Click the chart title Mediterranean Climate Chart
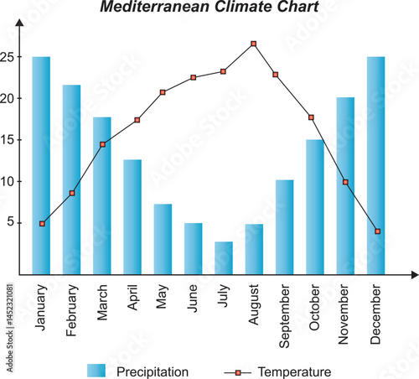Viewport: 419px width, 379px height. pos(209,8)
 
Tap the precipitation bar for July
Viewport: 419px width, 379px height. pos(224,257)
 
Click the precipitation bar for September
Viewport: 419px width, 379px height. pos(284,226)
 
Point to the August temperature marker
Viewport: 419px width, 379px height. pos(254,44)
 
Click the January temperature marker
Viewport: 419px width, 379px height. pos(42,224)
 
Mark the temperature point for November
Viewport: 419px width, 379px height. pos(345,182)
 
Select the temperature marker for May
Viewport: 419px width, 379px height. pos(163,92)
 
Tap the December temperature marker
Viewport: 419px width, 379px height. pos(378,231)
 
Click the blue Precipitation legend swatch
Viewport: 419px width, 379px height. pos(96,371)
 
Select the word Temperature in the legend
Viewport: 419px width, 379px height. pos(294,371)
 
